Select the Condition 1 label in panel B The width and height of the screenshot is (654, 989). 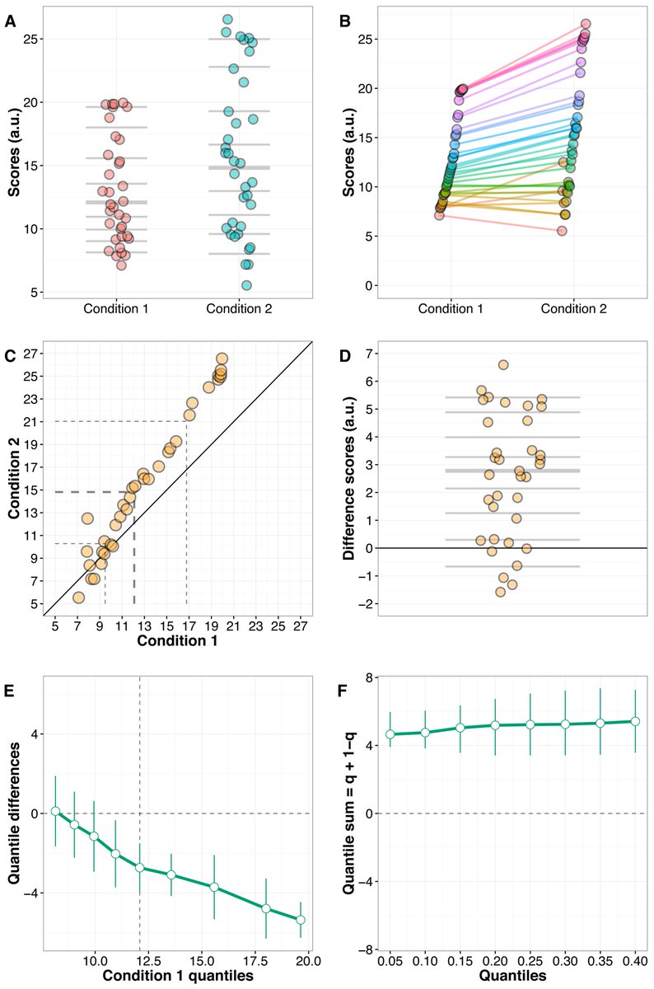click(x=451, y=309)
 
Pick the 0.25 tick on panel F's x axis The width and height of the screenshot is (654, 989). click(x=530, y=961)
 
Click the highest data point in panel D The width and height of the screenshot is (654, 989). click(x=503, y=364)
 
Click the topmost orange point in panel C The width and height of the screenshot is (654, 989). click(x=222, y=359)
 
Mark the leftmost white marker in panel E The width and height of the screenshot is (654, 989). click(x=55, y=811)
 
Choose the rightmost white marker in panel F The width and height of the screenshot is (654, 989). click(x=635, y=721)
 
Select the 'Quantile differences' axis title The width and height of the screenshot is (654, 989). click(x=14, y=812)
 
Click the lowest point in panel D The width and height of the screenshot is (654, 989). click(x=500, y=592)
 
